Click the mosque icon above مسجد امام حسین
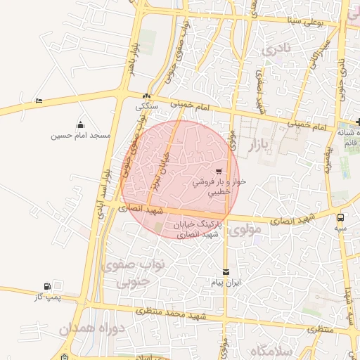pyautogui.click(x=80, y=124)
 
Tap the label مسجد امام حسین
pyautogui.click(x=80, y=134)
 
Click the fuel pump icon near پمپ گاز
pyautogui.click(x=48, y=286)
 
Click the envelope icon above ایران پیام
pyautogui.click(x=226, y=272)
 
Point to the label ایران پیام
pyautogui.click(x=226, y=283)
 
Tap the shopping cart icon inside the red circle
pyautogui.click(x=219, y=171)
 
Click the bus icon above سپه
pyautogui.click(x=341, y=217)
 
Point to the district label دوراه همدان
pyautogui.click(x=91, y=328)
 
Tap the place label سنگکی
pyautogui.click(x=148, y=107)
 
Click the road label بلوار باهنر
pyautogui.click(x=131, y=60)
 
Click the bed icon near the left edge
pyautogui.click(x=39, y=101)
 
